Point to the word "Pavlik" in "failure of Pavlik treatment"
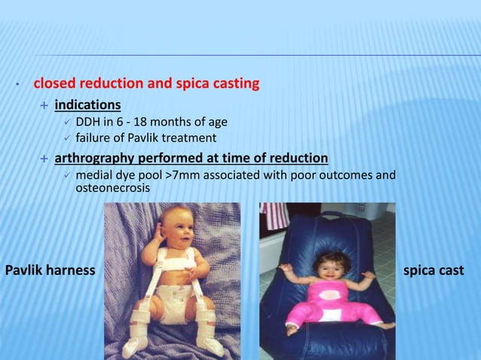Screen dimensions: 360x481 coord(149,138)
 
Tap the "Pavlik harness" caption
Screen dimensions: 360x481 coord(50,270)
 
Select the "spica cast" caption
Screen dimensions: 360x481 coord(434,270)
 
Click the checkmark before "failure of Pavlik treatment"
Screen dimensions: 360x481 coord(67,138)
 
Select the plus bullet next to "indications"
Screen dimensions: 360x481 coord(44,104)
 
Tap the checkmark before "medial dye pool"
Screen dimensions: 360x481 coord(67,175)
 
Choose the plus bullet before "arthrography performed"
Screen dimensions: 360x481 coord(44,158)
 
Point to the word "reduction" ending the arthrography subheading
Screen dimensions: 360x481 coord(299,158)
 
